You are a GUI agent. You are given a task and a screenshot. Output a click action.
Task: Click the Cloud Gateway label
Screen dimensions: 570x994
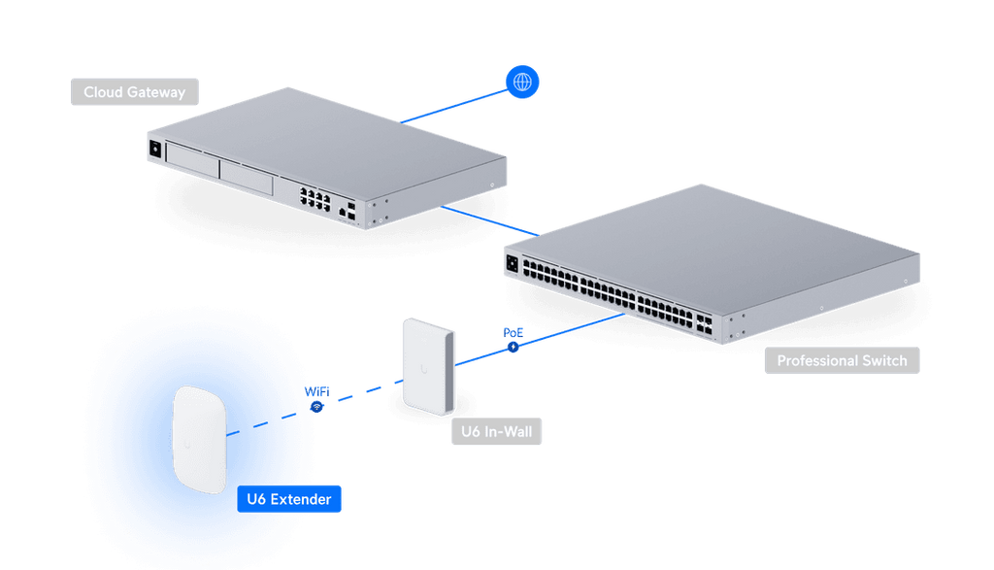point(135,92)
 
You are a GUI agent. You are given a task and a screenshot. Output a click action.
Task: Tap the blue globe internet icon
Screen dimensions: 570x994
point(523,83)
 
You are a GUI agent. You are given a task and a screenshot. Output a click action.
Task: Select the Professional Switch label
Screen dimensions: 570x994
point(842,360)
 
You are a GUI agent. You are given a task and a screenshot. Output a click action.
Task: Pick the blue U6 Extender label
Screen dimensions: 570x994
point(288,499)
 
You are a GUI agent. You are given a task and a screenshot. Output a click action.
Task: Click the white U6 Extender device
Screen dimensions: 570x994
point(200,438)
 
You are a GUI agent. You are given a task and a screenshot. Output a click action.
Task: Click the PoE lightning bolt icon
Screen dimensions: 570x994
point(513,346)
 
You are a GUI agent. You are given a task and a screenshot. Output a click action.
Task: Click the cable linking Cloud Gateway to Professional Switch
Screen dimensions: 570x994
point(490,219)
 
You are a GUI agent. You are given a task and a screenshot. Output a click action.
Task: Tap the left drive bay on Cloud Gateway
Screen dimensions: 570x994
point(192,160)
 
